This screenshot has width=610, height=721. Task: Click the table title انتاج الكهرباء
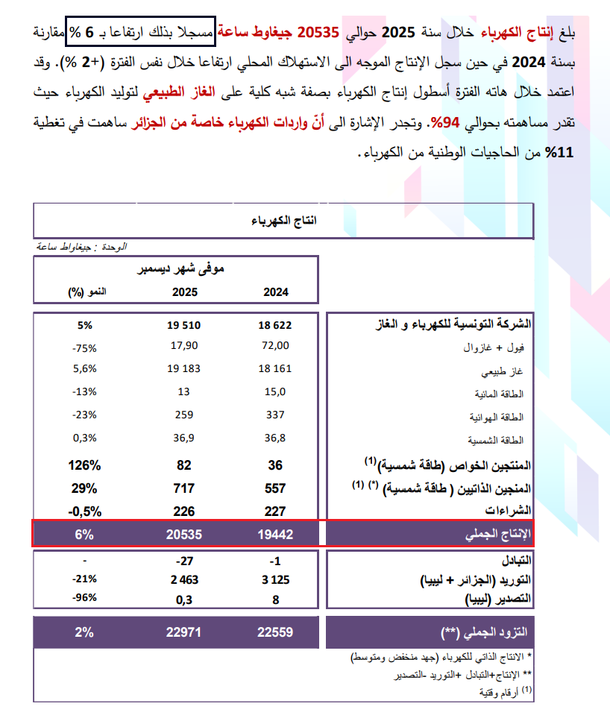pos(283,221)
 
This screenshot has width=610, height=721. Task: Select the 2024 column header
pos(276,292)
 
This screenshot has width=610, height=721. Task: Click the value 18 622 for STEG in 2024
pos(276,326)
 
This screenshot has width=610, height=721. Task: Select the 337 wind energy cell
pos(276,416)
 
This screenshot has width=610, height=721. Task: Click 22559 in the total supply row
pos(276,632)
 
